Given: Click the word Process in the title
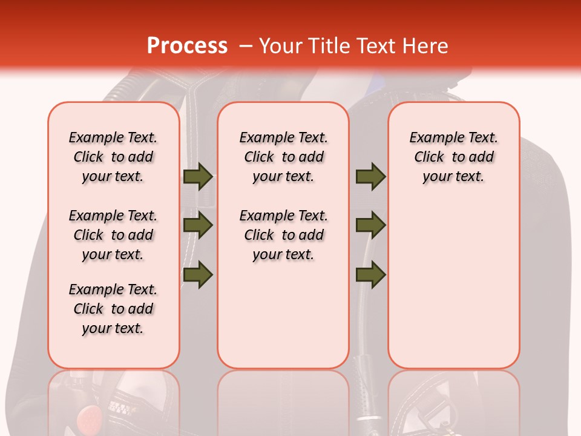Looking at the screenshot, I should [x=186, y=46].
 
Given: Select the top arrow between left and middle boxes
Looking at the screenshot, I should [x=197, y=176].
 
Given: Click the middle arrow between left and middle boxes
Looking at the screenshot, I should [x=197, y=226].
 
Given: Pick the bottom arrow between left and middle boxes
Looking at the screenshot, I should [x=197, y=274].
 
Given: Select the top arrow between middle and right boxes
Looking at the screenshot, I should [x=370, y=176].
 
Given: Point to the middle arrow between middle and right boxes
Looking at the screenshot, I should [x=370, y=226].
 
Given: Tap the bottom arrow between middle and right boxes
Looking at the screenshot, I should [x=370, y=274].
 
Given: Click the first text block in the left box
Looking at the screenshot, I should [x=113, y=157].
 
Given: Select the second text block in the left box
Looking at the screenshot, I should [x=113, y=235].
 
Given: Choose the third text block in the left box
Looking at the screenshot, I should [x=113, y=309].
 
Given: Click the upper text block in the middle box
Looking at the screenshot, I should [x=284, y=157].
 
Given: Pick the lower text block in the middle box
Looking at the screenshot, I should [x=284, y=235].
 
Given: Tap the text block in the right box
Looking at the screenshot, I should [x=454, y=157].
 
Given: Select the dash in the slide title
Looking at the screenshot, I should [x=246, y=47].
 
